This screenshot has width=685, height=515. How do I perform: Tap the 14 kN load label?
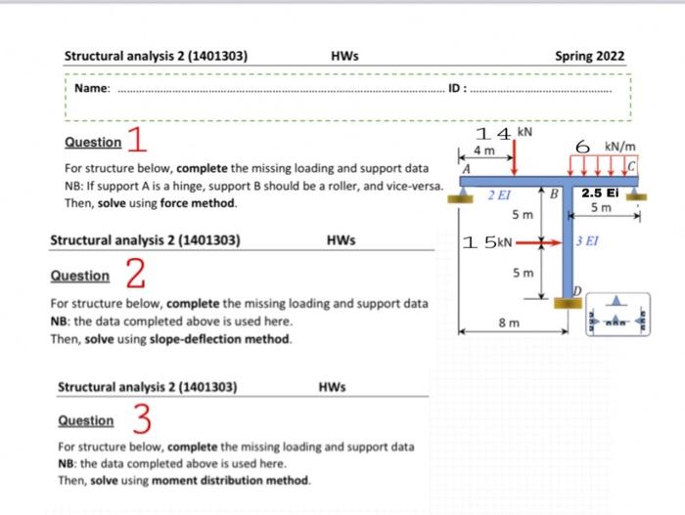[x=503, y=132]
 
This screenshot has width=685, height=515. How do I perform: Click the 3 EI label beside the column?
[x=587, y=240]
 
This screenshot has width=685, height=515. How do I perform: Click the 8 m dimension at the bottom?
[x=510, y=321]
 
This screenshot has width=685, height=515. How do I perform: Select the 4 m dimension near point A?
[x=483, y=151]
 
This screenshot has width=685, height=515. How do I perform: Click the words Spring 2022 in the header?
[x=589, y=56]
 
